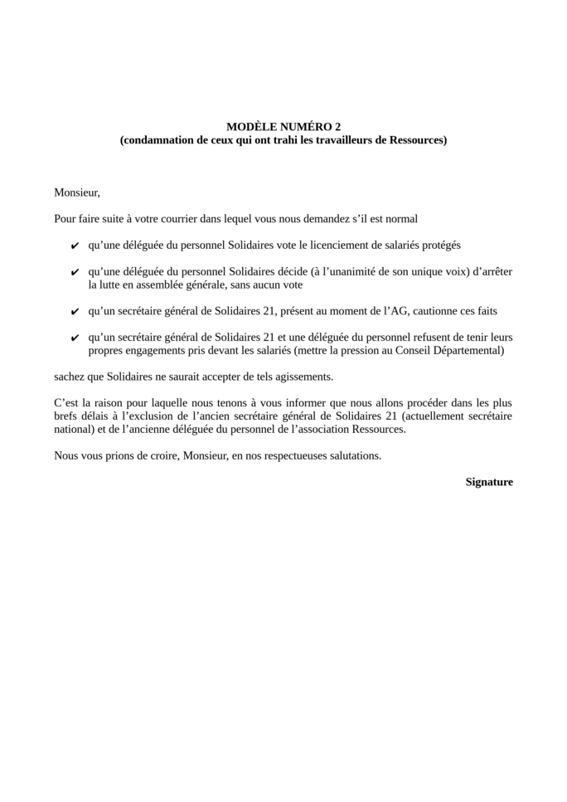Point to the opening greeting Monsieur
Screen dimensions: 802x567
pyautogui.click(x=76, y=192)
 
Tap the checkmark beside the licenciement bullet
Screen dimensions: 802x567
pyautogui.click(x=75, y=246)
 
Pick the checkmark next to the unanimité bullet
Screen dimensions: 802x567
pyautogui.click(x=75, y=272)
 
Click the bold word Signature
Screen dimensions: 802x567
pyautogui.click(x=489, y=482)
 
